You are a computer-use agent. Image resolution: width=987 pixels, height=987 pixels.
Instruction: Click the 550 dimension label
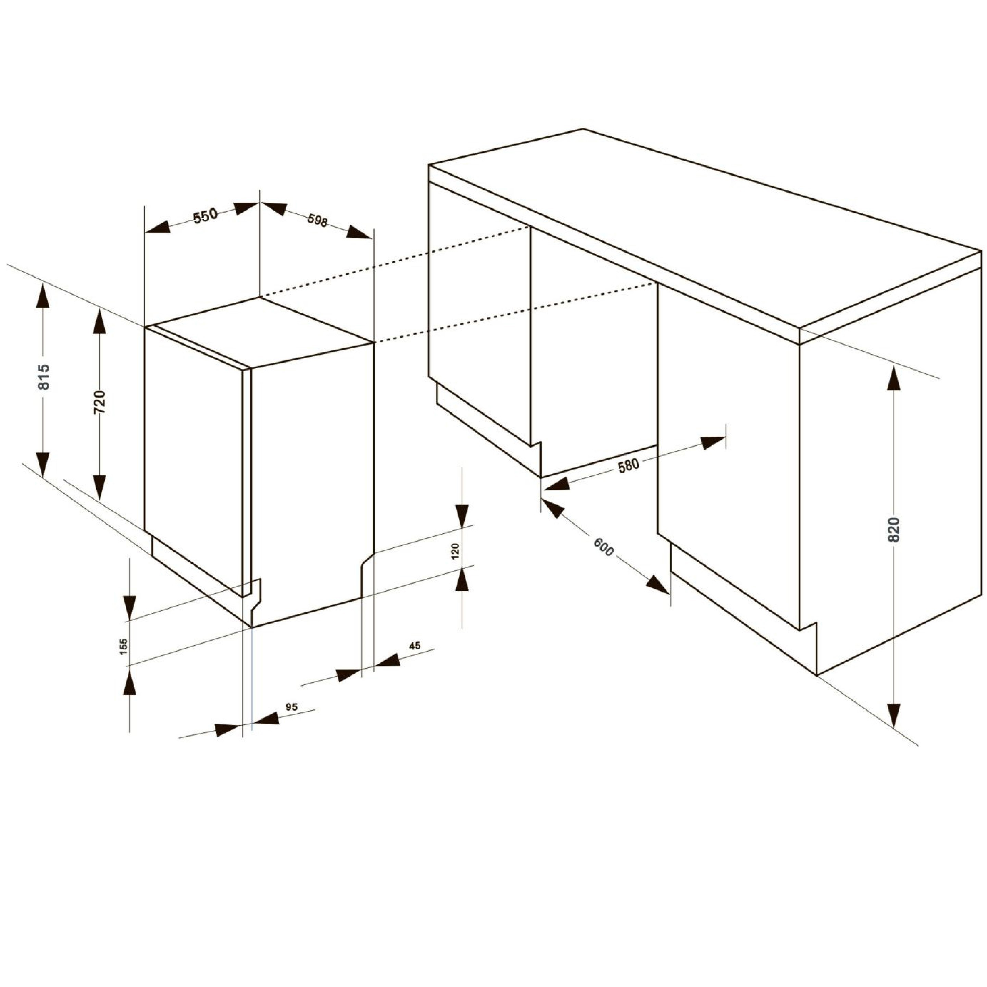click(205, 216)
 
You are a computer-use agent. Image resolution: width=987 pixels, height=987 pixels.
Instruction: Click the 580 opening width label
click(628, 466)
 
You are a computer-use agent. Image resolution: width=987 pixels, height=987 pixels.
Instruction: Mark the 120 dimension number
click(456, 552)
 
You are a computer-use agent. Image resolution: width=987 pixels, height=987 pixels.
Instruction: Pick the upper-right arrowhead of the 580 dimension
click(713, 442)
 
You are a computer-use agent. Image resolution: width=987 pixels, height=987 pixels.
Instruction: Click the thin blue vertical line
click(252, 679)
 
